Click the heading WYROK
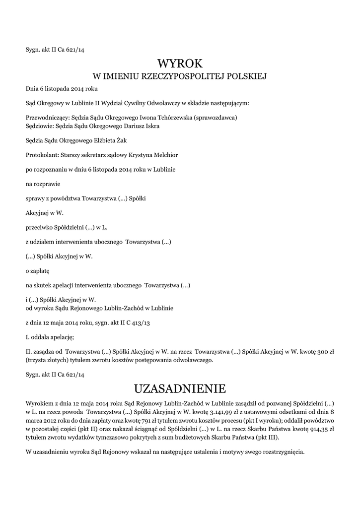click(x=180, y=63)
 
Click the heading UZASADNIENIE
click(x=180, y=387)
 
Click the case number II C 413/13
click(x=135, y=322)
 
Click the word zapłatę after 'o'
click(x=40, y=271)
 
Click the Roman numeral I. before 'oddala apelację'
click(x=27, y=337)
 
